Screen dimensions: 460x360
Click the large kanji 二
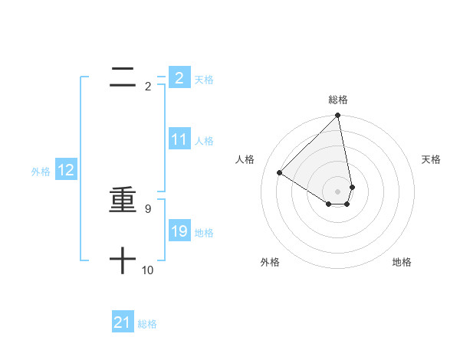pos(123,77)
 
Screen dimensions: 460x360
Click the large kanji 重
pos(123,201)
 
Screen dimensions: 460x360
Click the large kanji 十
pos(123,261)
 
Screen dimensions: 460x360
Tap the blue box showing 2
pos(179,77)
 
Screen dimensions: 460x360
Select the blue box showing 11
pos(179,139)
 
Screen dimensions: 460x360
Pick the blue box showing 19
pos(179,231)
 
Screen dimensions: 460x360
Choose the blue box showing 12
pos(66,171)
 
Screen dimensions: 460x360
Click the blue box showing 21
pos(123,322)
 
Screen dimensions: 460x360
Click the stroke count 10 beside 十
pos(147,270)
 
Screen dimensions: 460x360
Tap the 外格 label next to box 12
pos(41,172)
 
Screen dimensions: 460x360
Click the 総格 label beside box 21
pos(147,324)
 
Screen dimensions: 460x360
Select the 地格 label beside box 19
pos(204,233)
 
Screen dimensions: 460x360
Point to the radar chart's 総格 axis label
pos(337,100)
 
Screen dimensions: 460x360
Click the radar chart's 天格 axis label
pos(432,159)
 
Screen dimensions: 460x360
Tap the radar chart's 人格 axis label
pos(245,159)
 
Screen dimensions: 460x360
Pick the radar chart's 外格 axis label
pos(270,262)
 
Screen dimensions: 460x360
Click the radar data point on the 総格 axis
pos(337,116)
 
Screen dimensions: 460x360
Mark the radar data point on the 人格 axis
pos(280,173)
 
